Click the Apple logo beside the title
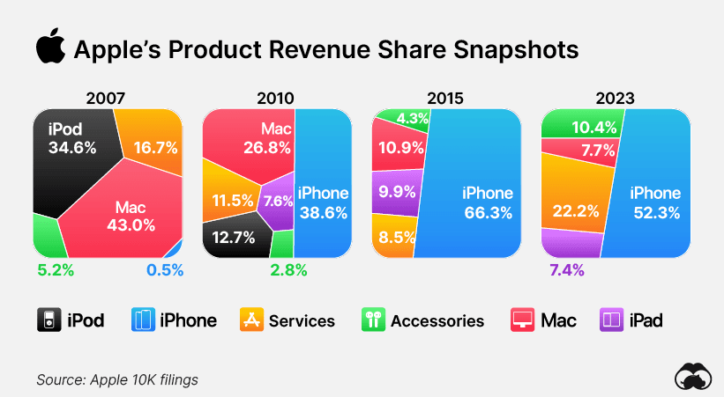[50, 48]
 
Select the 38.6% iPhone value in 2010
[323, 212]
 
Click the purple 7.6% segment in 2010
[279, 201]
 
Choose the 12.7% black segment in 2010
[234, 235]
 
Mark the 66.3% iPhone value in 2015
[488, 212]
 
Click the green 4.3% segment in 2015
[413, 117]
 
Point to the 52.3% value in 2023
[655, 212]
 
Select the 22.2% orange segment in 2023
[577, 210]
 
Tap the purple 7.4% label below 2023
[567, 270]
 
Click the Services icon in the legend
[251, 320]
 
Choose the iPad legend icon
[611, 320]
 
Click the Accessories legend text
[437, 320]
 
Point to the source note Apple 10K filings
[116, 379]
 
